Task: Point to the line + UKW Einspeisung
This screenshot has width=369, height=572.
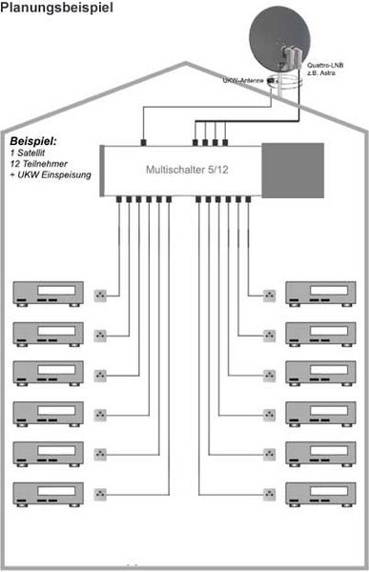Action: [x=47, y=176]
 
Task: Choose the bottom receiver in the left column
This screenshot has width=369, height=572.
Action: [x=47, y=494]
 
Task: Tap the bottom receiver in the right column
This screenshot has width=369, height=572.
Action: [x=322, y=494]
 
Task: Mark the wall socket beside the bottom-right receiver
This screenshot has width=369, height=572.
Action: [x=269, y=495]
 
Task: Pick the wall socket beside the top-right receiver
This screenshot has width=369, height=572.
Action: [x=269, y=294]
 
